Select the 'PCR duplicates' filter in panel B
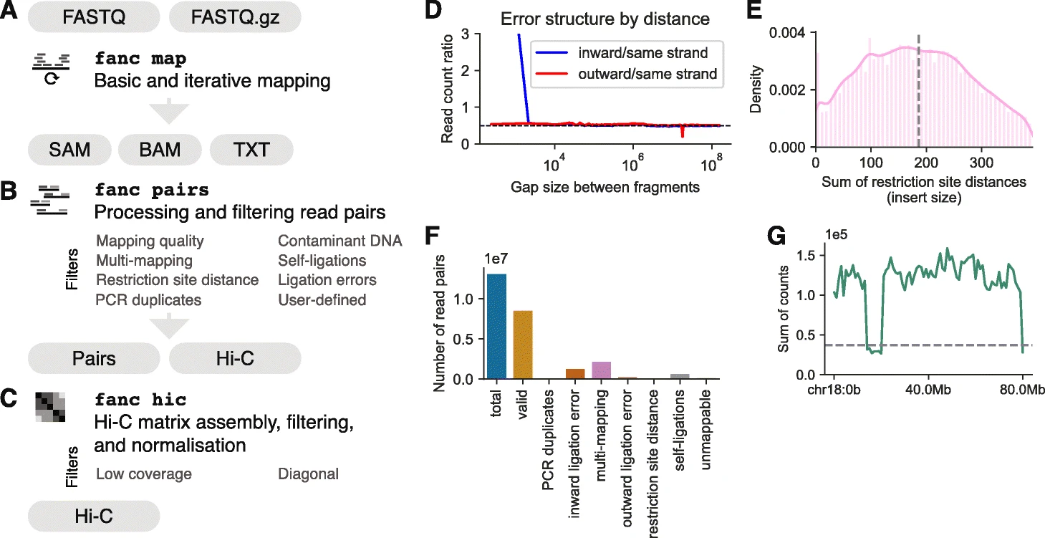[149, 299]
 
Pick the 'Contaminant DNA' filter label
[339, 241]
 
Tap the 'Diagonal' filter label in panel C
[308, 474]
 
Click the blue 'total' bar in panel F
[496, 326]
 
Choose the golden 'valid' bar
[523, 344]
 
